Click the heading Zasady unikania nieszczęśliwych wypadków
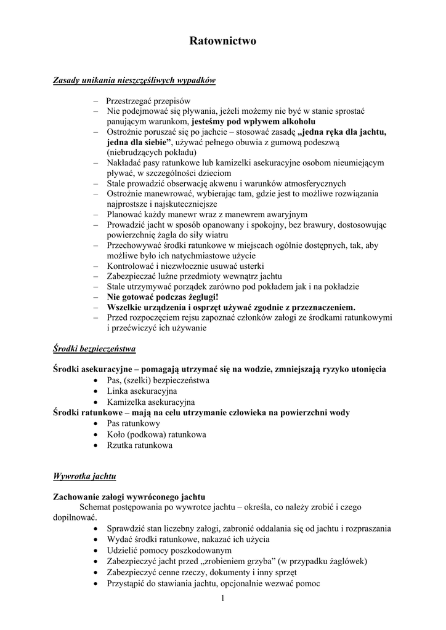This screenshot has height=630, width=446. pyautogui.click(x=134, y=81)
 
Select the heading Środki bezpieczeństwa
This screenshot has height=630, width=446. pyautogui.click(x=94, y=349)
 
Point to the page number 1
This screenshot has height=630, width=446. pyautogui.click(x=223, y=599)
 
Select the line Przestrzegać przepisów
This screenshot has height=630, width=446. pyautogui.click(x=148, y=100)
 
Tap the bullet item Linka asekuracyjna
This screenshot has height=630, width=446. pyautogui.click(x=142, y=391)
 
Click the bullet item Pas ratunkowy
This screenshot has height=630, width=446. pyautogui.click(x=134, y=423)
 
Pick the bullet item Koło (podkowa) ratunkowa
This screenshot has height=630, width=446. pyautogui.click(x=156, y=434)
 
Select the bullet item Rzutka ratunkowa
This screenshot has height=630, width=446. pyautogui.click(x=139, y=445)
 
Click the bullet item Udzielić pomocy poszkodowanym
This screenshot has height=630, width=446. pyautogui.click(x=169, y=550)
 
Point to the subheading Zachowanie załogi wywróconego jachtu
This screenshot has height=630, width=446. pyautogui.click(x=129, y=496)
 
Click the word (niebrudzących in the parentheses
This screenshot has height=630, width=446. pyautogui.click(x=132, y=152)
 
